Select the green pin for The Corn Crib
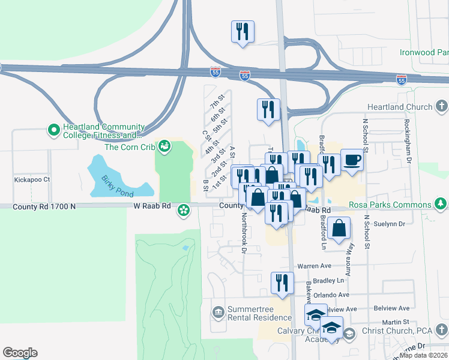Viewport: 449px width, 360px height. point(163,146)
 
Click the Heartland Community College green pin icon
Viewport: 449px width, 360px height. point(53,129)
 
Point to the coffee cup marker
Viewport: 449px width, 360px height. point(352,161)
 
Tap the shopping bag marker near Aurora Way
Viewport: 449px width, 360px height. point(339,229)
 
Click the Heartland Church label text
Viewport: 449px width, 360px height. point(399,107)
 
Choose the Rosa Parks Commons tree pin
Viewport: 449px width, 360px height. point(442,204)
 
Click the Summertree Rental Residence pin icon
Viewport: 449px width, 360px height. point(217,312)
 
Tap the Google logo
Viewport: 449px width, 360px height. point(20,353)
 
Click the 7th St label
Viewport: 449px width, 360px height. point(217,101)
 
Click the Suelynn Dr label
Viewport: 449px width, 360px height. point(390,224)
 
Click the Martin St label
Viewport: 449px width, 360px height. point(396,322)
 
